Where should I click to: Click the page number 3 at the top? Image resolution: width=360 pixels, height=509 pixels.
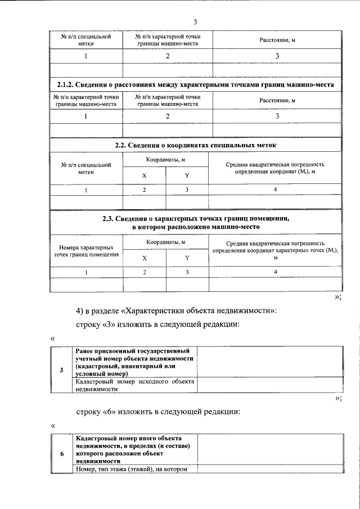coord(195,22)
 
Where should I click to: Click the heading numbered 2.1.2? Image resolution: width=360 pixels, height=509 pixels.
coord(195,84)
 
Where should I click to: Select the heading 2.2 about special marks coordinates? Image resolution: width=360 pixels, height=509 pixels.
coord(195,145)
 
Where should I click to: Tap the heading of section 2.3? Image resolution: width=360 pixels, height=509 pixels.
coord(195,222)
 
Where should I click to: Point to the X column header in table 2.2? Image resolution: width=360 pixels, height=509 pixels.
coord(144,175)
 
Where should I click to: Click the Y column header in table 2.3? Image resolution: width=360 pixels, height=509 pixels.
coord(187,258)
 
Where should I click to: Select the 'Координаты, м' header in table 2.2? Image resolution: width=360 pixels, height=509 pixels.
coord(166,160)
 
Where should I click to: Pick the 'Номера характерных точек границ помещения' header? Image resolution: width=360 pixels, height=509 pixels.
coord(86,251)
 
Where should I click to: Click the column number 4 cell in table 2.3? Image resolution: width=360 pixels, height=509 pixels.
coord(275,272)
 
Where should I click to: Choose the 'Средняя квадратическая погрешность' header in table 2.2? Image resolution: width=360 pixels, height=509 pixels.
coord(275,168)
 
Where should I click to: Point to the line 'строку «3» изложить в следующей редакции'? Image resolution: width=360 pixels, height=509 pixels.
coord(158,325)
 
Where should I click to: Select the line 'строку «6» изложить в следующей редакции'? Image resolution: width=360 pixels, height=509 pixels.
coord(158,412)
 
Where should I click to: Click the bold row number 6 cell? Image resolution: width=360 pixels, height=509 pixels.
coord(61,453)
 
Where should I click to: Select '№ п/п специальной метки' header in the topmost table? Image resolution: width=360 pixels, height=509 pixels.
coord(86,40)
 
